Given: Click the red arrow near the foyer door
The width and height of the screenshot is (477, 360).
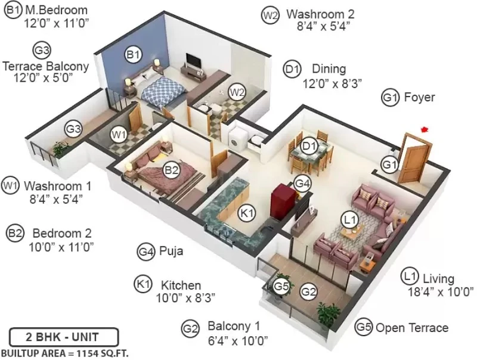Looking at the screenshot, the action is [425, 130].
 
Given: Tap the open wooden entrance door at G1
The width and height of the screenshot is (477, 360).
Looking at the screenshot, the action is [414, 158].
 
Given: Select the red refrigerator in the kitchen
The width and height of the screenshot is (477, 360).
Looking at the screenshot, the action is [283, 202].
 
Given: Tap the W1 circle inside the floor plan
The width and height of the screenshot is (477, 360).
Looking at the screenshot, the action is [118, 134].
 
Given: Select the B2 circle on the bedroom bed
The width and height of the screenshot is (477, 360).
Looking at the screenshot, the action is [171, 170].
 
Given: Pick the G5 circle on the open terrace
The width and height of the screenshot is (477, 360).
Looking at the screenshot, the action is [281, 286].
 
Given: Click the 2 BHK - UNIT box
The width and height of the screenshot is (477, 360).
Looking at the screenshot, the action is [64, 337].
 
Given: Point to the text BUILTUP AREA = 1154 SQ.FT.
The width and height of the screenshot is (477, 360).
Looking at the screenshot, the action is [65, 353].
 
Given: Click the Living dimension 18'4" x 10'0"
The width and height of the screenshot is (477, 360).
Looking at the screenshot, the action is [441, 292].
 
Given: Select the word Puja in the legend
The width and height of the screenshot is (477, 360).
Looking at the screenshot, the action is [171, 252].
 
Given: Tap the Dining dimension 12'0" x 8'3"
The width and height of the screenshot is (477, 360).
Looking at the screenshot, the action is [332, 83].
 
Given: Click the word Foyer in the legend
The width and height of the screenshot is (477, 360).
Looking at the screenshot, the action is [419, 97].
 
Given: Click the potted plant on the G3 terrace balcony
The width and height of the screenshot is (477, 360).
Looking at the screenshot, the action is [60, 149].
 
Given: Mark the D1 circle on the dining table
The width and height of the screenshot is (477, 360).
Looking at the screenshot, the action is [309, 146].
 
